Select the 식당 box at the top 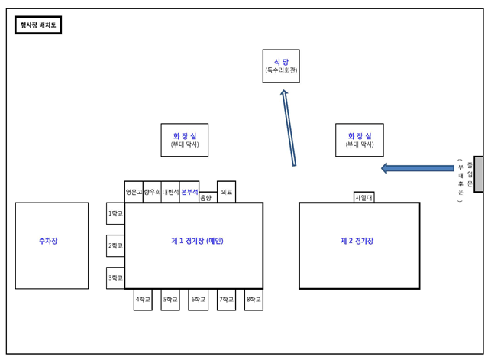tap(281, 66)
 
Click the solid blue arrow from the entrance tap(417, 168)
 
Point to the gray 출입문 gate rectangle tap(478, 174)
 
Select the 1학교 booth tap(115, 213)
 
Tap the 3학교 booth tap(115, 278)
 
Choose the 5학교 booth tap(170, 300)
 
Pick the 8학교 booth tap(254, 300)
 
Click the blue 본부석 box tap(189, 192)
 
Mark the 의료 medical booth tap(226, 193)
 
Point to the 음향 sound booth tap(206, 198)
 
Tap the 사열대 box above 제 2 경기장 tap(363, 197)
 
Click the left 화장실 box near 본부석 tap(185, 140)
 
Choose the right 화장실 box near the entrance tap(360, 140)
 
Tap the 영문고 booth tap(134, 192)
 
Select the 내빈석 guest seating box tap(170, 192)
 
